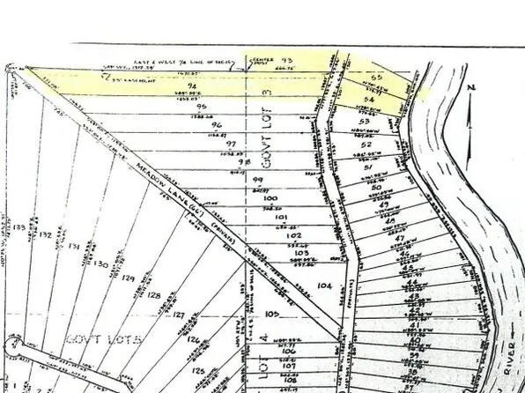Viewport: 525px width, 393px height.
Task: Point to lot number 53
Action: [x=363, y=122]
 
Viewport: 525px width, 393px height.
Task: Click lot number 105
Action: [x=270, y=314]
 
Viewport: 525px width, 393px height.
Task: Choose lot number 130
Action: [x=100, y=263]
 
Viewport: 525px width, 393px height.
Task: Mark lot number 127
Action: [x=180, y=315]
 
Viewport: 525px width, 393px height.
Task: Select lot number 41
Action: [x=413, y=326]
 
